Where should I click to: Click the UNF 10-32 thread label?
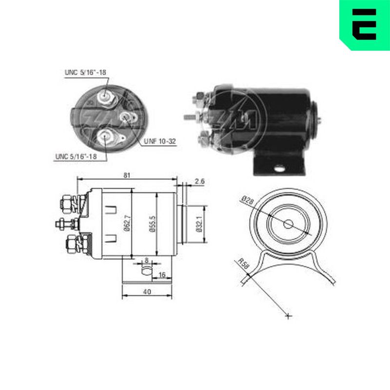click(x=160, y=141)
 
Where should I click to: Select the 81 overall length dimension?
click(x=127, y=175)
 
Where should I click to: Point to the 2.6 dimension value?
click(x=199, y=181)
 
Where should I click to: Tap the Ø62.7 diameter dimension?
click(x=127, y=223)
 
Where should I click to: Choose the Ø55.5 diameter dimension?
click(x=152, y=224)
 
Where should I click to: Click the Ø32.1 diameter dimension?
click(x=199, y=224)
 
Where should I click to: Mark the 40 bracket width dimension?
click(x=147, y=292)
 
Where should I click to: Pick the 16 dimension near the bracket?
click(x=162, y=274)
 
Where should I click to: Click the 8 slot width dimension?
click(x=147, y=260)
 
